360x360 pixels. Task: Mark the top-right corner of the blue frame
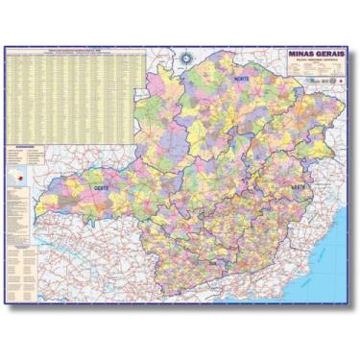click(353, 42)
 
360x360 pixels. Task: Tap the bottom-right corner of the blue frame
click(353, 304)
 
